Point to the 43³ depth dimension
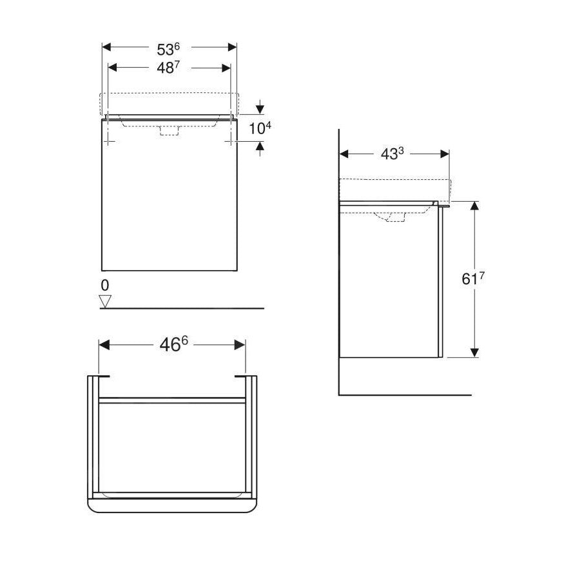(393, 154)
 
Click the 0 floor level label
(105, 284)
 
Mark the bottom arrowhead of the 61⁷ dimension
(474, 352)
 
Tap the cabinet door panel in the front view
(169, 200)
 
